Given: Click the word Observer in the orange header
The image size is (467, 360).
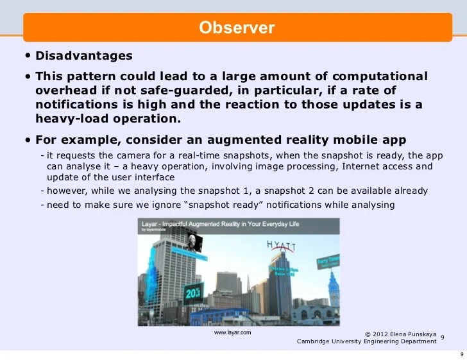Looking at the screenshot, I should [x=237, y=28].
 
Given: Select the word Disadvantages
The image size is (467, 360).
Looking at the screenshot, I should [x=83, y=56].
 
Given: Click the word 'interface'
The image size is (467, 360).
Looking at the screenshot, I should [x=155, y=177].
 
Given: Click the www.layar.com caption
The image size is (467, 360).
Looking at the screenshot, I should [x=232, y=333].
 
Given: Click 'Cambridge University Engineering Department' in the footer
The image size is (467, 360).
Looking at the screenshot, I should [x=366, y=341].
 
